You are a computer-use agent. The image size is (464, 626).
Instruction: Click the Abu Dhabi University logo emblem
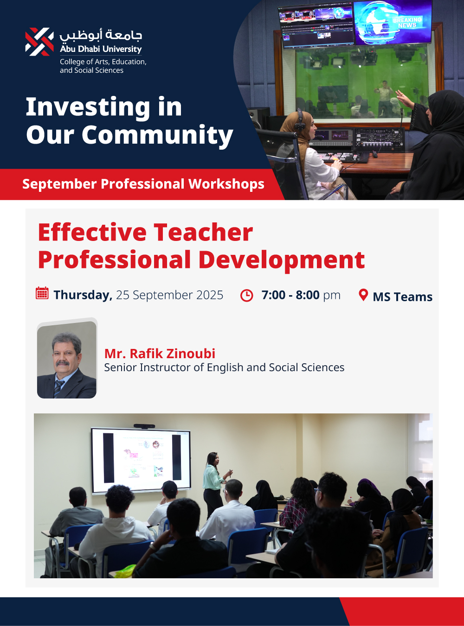point(39,42)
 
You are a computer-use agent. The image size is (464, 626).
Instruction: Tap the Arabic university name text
point(101,35)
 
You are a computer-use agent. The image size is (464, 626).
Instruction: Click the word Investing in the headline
point(88,107)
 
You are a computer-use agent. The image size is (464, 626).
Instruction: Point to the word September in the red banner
point(60,184)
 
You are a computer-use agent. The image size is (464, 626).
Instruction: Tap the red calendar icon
point(42,293)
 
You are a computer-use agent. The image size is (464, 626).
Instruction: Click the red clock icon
point(246,296)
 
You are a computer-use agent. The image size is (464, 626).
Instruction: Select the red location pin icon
point(363,295)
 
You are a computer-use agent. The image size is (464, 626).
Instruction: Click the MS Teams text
point(403,297)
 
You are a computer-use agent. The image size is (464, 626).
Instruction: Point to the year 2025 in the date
point(210,295)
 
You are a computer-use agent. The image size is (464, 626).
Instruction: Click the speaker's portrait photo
point(67,360)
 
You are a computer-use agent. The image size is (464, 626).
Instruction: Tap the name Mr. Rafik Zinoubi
point(160,354)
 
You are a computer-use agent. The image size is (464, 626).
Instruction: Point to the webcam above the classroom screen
point(144,426)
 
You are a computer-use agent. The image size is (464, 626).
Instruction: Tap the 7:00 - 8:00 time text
point(290,295)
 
